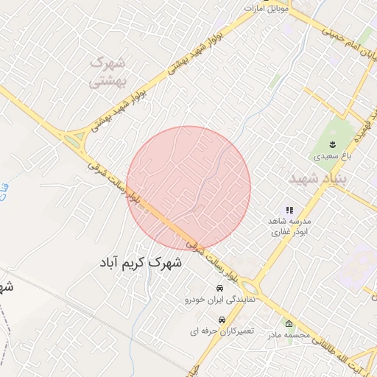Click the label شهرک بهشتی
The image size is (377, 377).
click(x=108, y=72)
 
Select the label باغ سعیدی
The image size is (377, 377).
click(x=328, y=156)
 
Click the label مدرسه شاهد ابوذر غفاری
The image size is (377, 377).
click(x=283, y=227)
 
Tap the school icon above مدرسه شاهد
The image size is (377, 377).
click(x=289, y=210)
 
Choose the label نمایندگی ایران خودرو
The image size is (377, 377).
click(x=219, y=300)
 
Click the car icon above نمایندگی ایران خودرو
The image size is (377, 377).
click(x=219, y=288)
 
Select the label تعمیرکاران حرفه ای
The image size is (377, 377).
click(x=219, y=331)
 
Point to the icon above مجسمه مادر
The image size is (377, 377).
click(x=289, y=323)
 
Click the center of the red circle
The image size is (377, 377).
click(x=188, y=188)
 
